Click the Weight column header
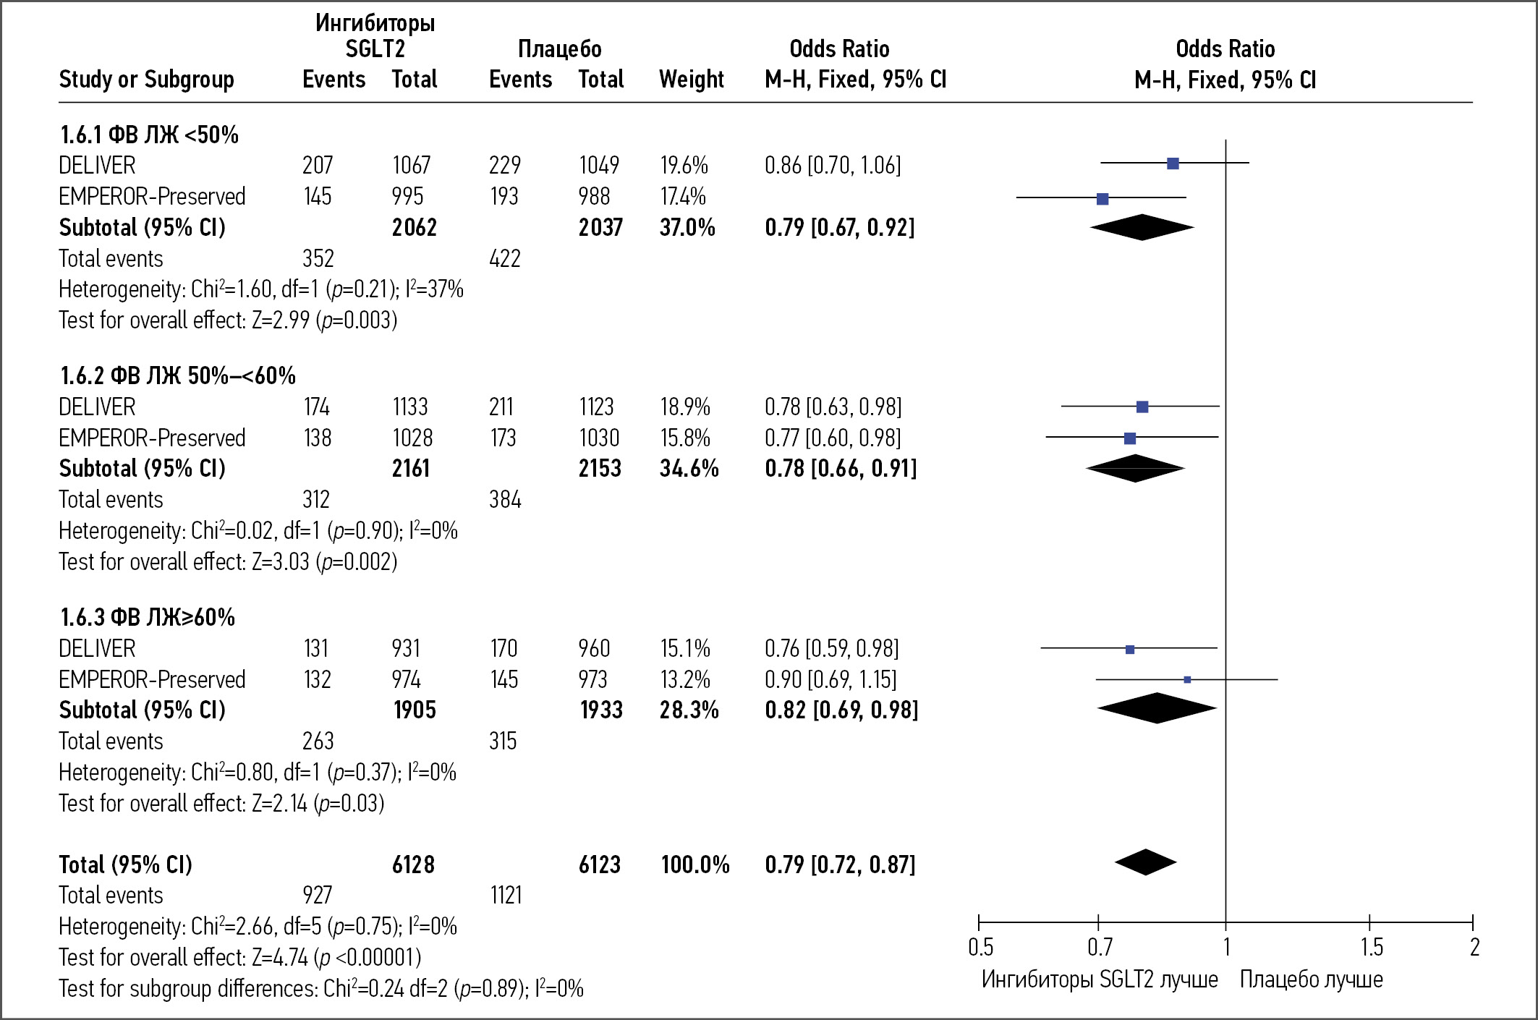click(x=691, y=79)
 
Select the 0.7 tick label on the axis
click(x=1100, y=947)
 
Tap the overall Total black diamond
click(x=1145, y=862)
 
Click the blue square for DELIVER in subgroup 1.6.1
click(x=1173, y=164)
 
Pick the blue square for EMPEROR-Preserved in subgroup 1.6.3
click(x=1187, y=679)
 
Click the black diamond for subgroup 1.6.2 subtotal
click(x=1135, y=468)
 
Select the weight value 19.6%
click(x=683, y=166)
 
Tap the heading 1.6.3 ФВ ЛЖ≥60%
click(x=148, y=617)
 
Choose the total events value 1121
click(x=505, y=896)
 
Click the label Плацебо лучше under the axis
click(x=1311, y=979)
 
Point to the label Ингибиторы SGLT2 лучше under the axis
click(x=1099, y=979)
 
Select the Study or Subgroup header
click(x=146, y=79)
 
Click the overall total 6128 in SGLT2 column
click(x=413, y=864)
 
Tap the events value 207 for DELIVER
click(x=318, y=166)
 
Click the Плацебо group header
click(x=559, y=48)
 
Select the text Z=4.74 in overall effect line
click(x=280, y=957)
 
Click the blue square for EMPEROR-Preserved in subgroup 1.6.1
click(x=1102, y=199)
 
